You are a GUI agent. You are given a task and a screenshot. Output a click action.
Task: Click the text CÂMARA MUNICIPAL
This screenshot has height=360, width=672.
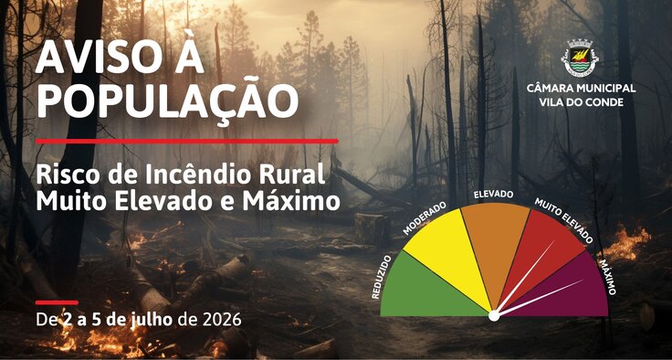[581, 89]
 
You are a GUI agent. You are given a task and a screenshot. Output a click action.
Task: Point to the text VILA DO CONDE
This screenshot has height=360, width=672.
[581, 103]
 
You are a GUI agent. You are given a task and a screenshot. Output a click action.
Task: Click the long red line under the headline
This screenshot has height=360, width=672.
[187, 142]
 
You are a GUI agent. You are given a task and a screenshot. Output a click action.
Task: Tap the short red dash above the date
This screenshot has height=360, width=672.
[57, 302]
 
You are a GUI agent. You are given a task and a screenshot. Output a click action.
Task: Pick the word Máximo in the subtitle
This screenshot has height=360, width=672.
[291, 201]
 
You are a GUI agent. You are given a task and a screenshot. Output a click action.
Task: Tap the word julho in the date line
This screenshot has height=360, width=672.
[152, 321]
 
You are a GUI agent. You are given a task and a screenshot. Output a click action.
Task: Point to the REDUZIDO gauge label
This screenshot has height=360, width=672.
[381, 277]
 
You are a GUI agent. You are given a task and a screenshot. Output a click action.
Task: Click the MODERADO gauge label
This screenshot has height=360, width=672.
[425, 218]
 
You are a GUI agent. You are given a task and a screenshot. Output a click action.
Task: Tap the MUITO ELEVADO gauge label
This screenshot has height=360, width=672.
[563, 220]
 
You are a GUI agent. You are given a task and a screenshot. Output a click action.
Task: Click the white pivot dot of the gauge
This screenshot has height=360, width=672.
[494, 316]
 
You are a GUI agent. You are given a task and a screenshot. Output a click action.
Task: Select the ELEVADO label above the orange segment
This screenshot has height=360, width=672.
[493, 195]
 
